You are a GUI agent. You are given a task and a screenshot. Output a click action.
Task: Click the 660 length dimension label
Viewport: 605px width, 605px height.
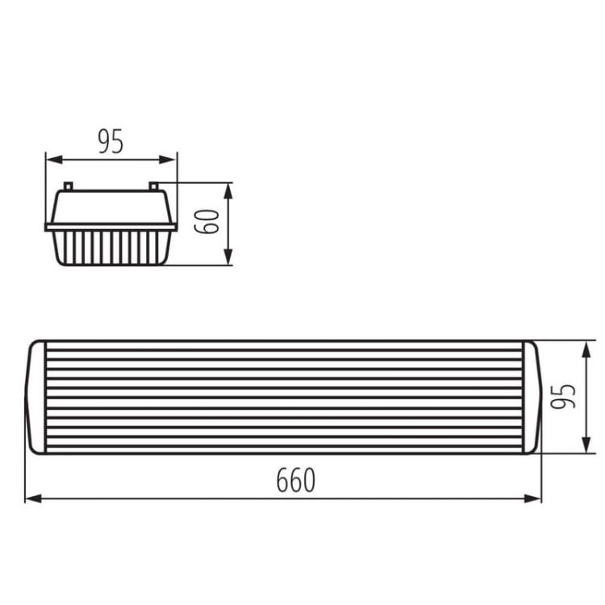click(295, 481)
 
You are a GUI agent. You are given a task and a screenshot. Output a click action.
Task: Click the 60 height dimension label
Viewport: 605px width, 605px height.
click(208, 221)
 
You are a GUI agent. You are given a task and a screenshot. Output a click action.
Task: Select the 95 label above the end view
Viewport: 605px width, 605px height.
click(111, 141)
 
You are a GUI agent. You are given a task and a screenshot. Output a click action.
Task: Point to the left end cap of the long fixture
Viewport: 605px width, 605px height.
click(36, 397)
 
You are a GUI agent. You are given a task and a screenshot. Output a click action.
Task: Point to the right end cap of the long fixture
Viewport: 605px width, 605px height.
click(530, 397)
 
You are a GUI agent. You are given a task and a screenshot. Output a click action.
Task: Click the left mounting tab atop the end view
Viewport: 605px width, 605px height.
click(69, 186)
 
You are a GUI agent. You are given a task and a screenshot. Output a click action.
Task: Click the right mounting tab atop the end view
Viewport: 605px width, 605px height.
click(153, 186)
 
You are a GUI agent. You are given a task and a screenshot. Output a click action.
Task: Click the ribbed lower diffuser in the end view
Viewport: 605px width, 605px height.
click(111, 248)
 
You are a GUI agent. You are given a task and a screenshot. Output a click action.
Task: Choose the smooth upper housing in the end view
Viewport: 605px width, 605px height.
click(111, 207)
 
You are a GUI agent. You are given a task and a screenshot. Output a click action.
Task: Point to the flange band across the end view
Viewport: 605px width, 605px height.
click(111, 227)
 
